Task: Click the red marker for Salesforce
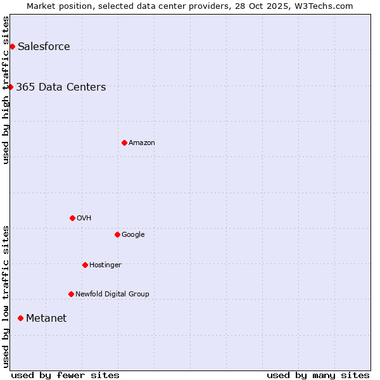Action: tap(12, 46)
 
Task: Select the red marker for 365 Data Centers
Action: tap(10, 87)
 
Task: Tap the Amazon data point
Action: tap(124, 142)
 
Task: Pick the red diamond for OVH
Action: tap(72, 218)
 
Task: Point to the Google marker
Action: tap(117, 234)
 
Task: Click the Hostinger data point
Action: tap(85, 265)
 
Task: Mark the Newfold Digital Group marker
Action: tap(71, 294)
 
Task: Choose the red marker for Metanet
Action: tap(20, 318)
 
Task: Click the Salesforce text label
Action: tap(44, 47)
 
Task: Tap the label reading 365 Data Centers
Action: tap(61, 87)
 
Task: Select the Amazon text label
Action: tap(141, 143)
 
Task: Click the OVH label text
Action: tap(84, 218)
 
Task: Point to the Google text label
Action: tap(133, 235)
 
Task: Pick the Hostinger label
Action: tap(105, 265)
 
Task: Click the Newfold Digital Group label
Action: tap(112, 294)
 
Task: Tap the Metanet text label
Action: tap(46, 319)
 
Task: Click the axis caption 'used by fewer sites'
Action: tap(65, 375)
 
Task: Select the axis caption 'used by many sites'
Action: tap(318, 375)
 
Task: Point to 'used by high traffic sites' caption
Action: tap(6, 90)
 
